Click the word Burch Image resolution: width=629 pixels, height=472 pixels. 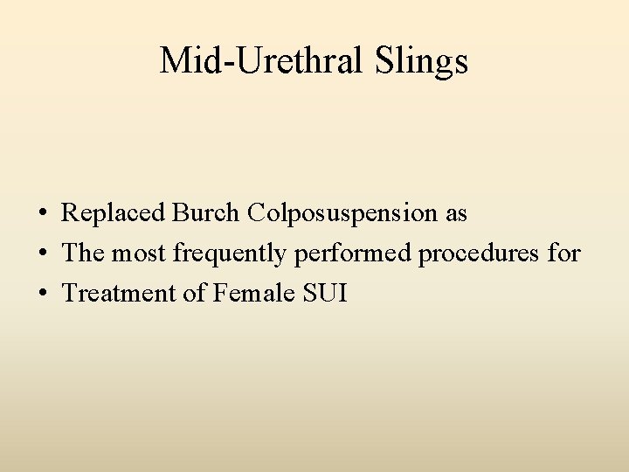[x=207, y=212]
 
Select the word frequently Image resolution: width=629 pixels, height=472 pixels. [x=230, y=254]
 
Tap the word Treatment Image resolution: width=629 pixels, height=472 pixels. [x=119, y=293]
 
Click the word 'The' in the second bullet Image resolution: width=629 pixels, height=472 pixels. [x=83, y=253]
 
